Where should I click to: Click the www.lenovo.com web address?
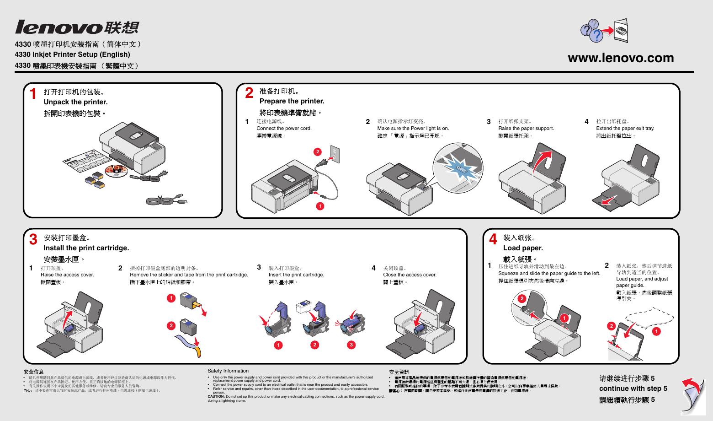(x=621, y=58)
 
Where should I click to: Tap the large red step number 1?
(x=32, y=94)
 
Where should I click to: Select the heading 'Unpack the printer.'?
(x=76, y=102)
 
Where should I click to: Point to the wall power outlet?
(x=335, y=155)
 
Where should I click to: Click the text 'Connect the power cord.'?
(x=284, y=129)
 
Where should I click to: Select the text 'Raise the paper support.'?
(x=526, y=129)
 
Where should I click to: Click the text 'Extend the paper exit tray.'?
(x=625, y=129)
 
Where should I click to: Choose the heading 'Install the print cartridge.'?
(x=86, y=248)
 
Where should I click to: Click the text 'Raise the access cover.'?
(x=67, y=275)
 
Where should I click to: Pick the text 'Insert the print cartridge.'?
(x=296, y=275)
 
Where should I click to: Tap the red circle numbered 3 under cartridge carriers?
(x=351, y=345)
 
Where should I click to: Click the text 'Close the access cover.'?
(x=410, y=275)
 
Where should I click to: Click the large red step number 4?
(x=493, y=239)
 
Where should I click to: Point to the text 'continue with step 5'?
(x=633, y=389)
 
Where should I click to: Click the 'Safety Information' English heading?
(x=228, y=371)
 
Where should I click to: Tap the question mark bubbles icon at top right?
(x=592, y=31)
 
